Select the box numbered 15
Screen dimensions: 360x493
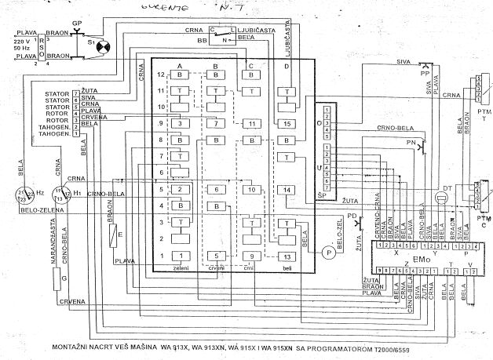(288, 124)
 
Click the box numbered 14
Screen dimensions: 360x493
(288, 190)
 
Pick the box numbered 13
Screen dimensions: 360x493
(288, 256)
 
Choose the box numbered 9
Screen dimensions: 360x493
(251, 256)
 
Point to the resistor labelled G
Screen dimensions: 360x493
(63, 278)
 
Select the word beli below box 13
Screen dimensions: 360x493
(287, 268)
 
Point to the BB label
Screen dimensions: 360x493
(202, 38)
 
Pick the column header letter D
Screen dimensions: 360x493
(288, 66)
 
